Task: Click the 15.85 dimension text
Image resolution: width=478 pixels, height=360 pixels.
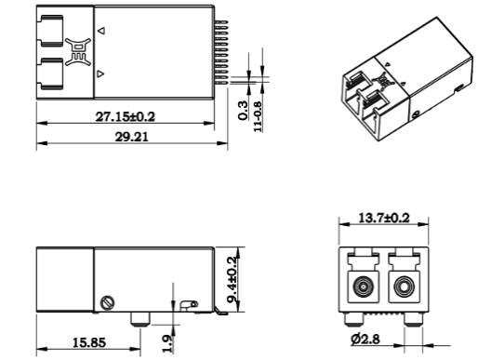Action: pos(89,343)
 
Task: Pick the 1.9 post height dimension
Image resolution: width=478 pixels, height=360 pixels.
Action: pos(167,342)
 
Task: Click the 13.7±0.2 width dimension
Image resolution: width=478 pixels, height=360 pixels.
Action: pos(383,218)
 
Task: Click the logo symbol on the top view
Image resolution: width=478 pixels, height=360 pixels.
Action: pos(80,48)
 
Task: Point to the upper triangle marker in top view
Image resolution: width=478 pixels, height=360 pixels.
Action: pos(101,30)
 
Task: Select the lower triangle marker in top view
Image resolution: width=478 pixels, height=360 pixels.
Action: pos(101,73)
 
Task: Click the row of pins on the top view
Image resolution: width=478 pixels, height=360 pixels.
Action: pos(222,50)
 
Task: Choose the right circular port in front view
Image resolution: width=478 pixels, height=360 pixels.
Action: pos(403,286)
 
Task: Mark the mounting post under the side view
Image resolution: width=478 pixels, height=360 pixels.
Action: pos(140,318)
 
